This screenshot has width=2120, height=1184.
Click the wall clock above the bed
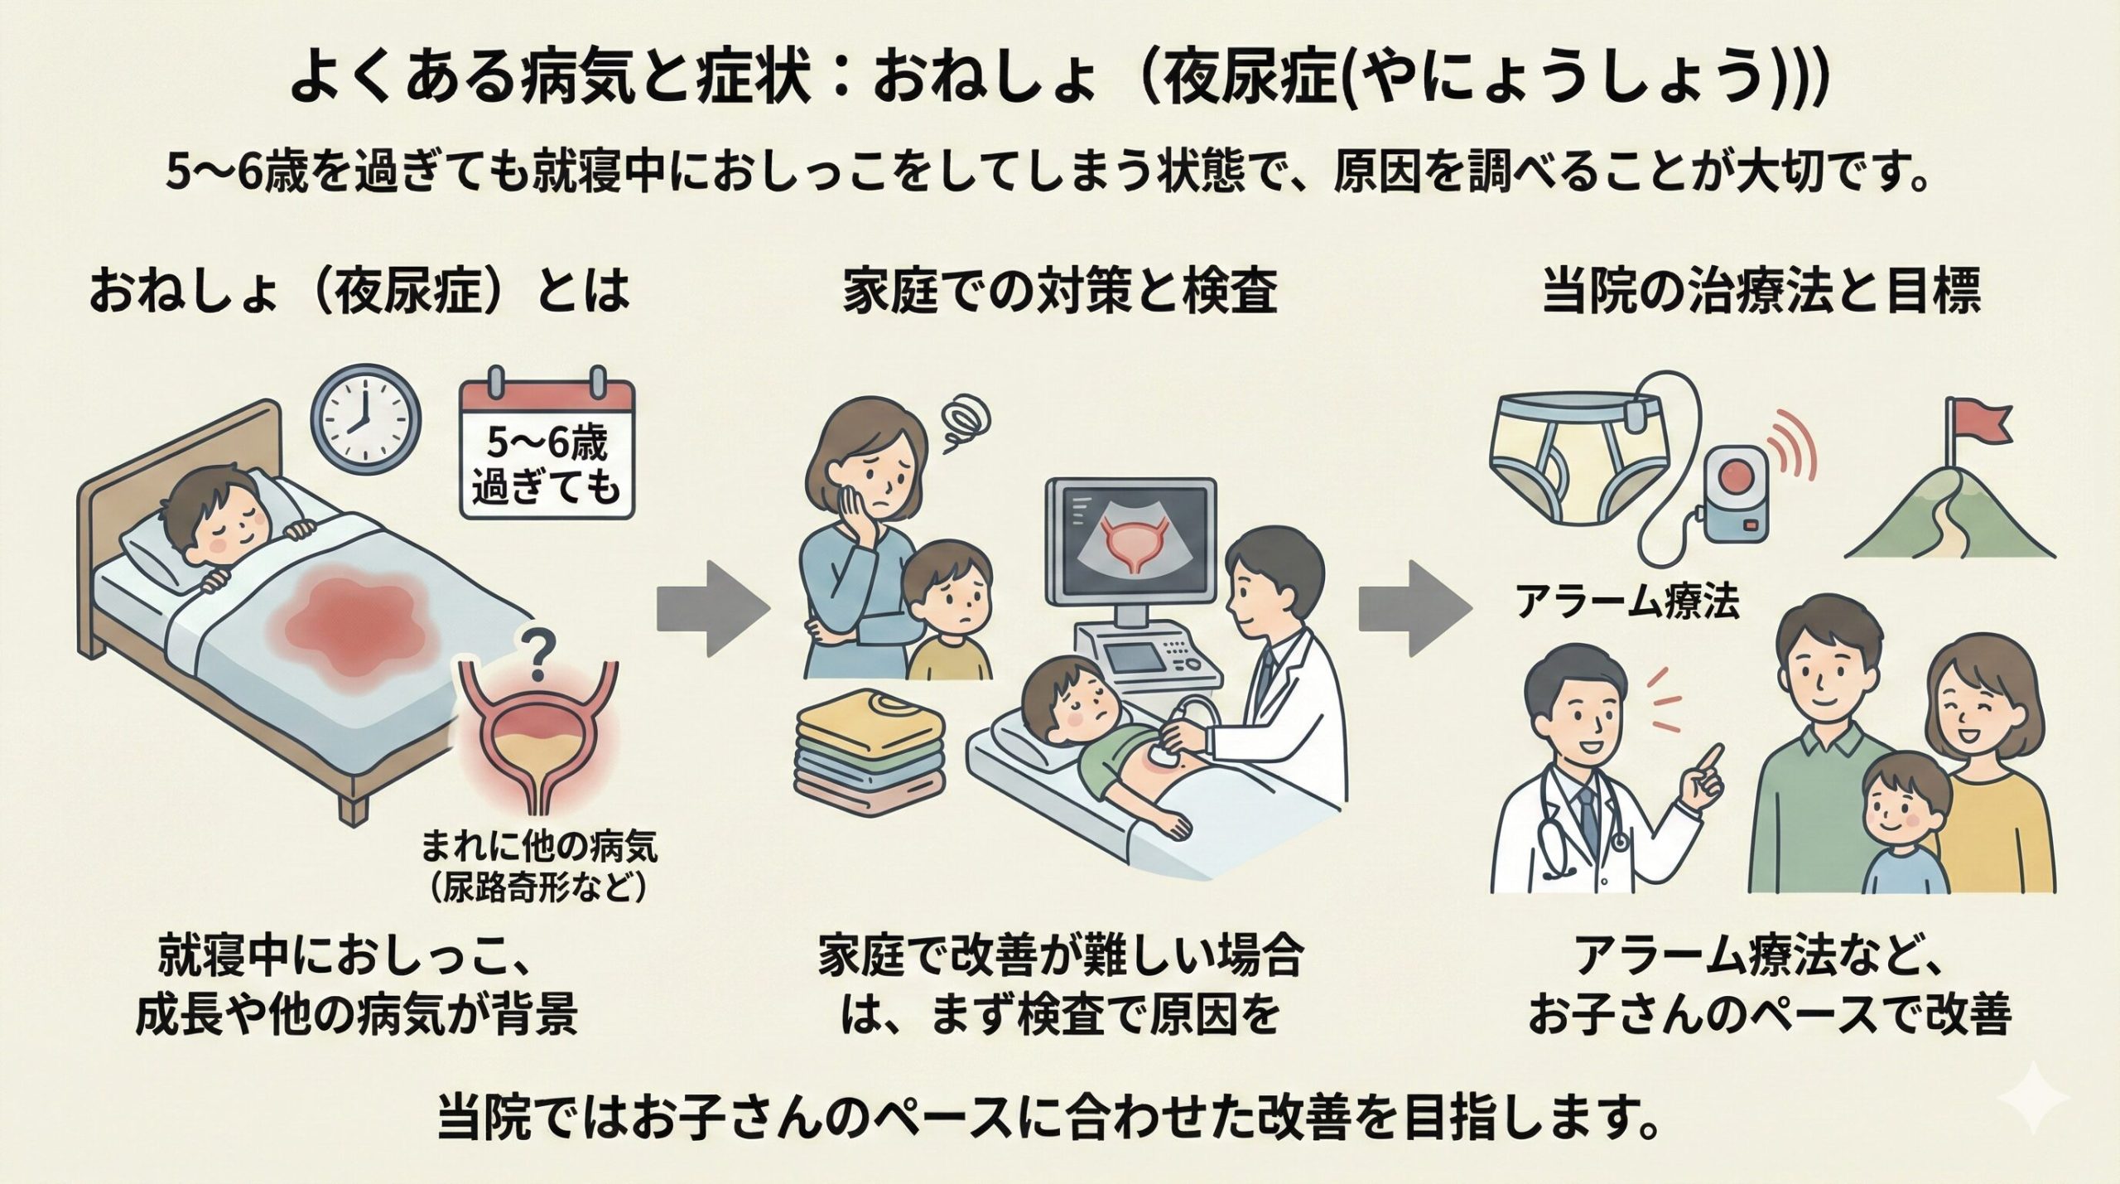(x=365, y=423)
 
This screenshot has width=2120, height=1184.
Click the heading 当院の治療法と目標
(x=1762, y=292)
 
